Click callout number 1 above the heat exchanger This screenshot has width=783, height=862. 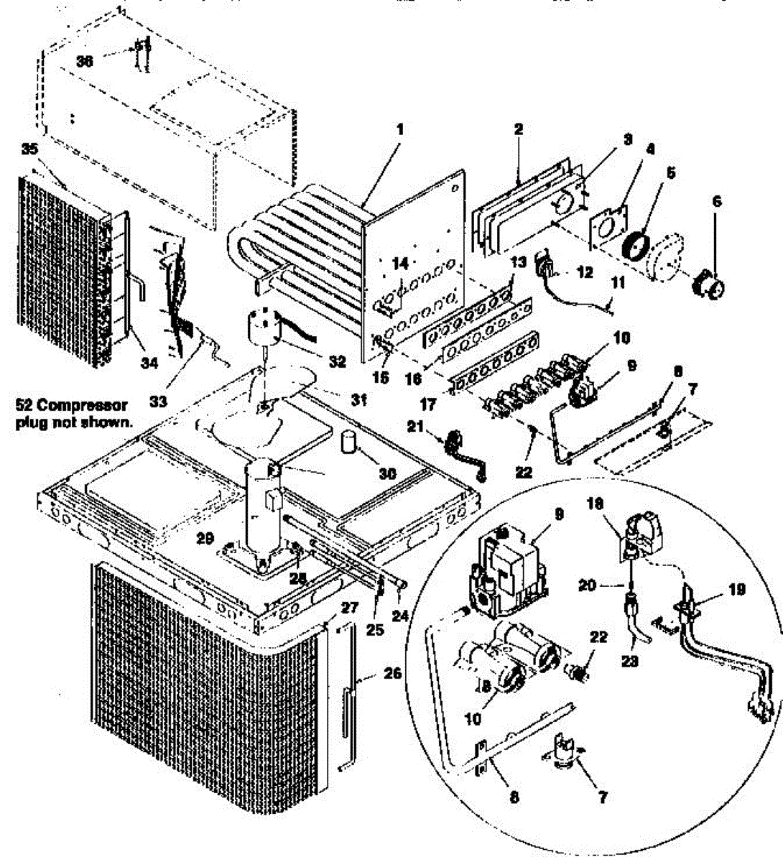(x=400, y=130)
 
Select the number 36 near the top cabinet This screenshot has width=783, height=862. (x=85, y=62)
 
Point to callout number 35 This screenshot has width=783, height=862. (x=29, y=149)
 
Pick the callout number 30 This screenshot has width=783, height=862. (x=388, y=474)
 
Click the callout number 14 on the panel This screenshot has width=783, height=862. (x=401, y=264)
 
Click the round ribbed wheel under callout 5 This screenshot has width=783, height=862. (x=634, y=246)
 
